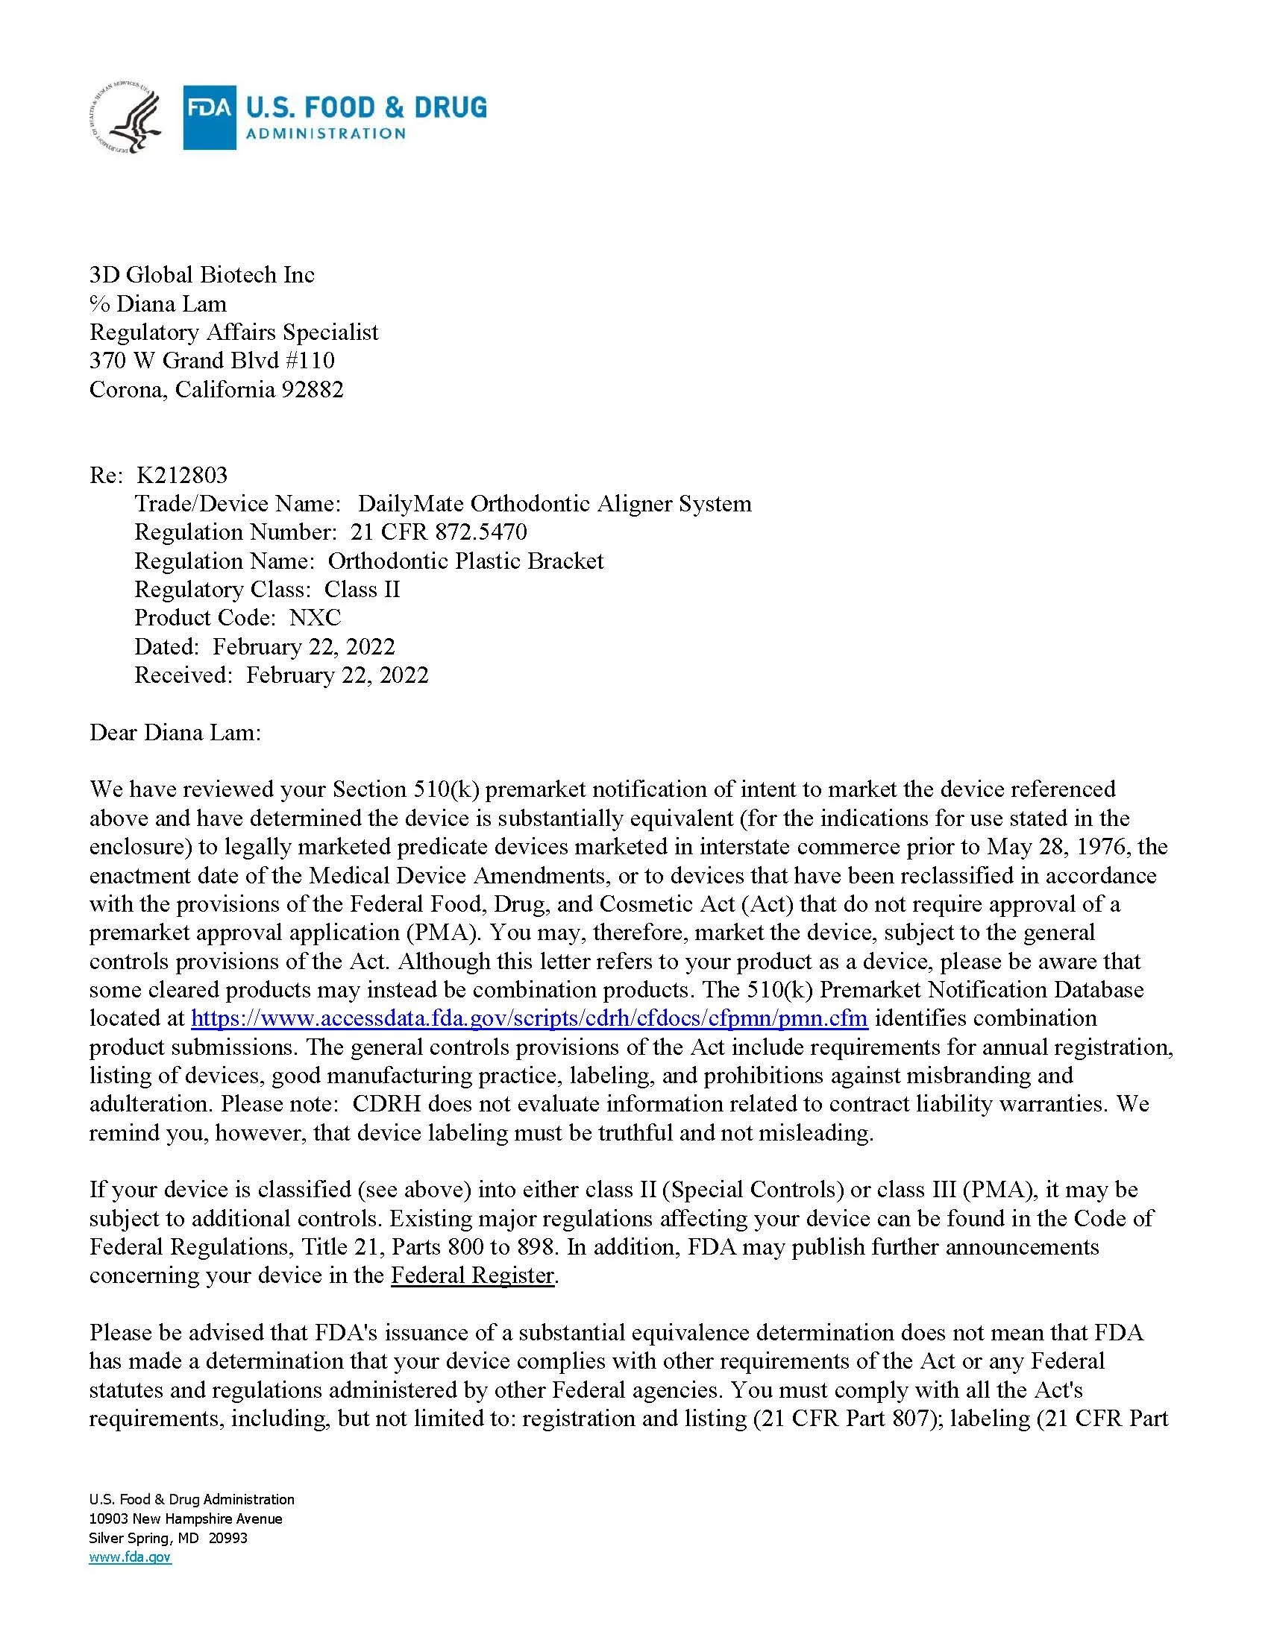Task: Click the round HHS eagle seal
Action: coord(125,119)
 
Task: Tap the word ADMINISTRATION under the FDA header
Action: coord(326,133)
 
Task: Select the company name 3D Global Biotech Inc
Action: coord(201,275)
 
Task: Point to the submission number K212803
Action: coord(182,475)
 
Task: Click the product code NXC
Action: coord(316,617)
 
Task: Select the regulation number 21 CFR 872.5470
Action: coord(439,532)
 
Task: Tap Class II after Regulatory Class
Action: coord(362,589)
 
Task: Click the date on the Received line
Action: coord(337,675)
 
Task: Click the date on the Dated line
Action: coord(304,646)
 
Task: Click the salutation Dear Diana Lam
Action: coord(175,732)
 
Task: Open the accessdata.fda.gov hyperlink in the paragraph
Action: coord(530,1018)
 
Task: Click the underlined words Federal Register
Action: coord(472,1275)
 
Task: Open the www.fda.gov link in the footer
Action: coord(130,1557)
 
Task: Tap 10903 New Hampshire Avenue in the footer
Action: coord(186,1518)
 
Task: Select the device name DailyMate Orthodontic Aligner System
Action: coord(554,503)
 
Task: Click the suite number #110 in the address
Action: coord(310,361)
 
